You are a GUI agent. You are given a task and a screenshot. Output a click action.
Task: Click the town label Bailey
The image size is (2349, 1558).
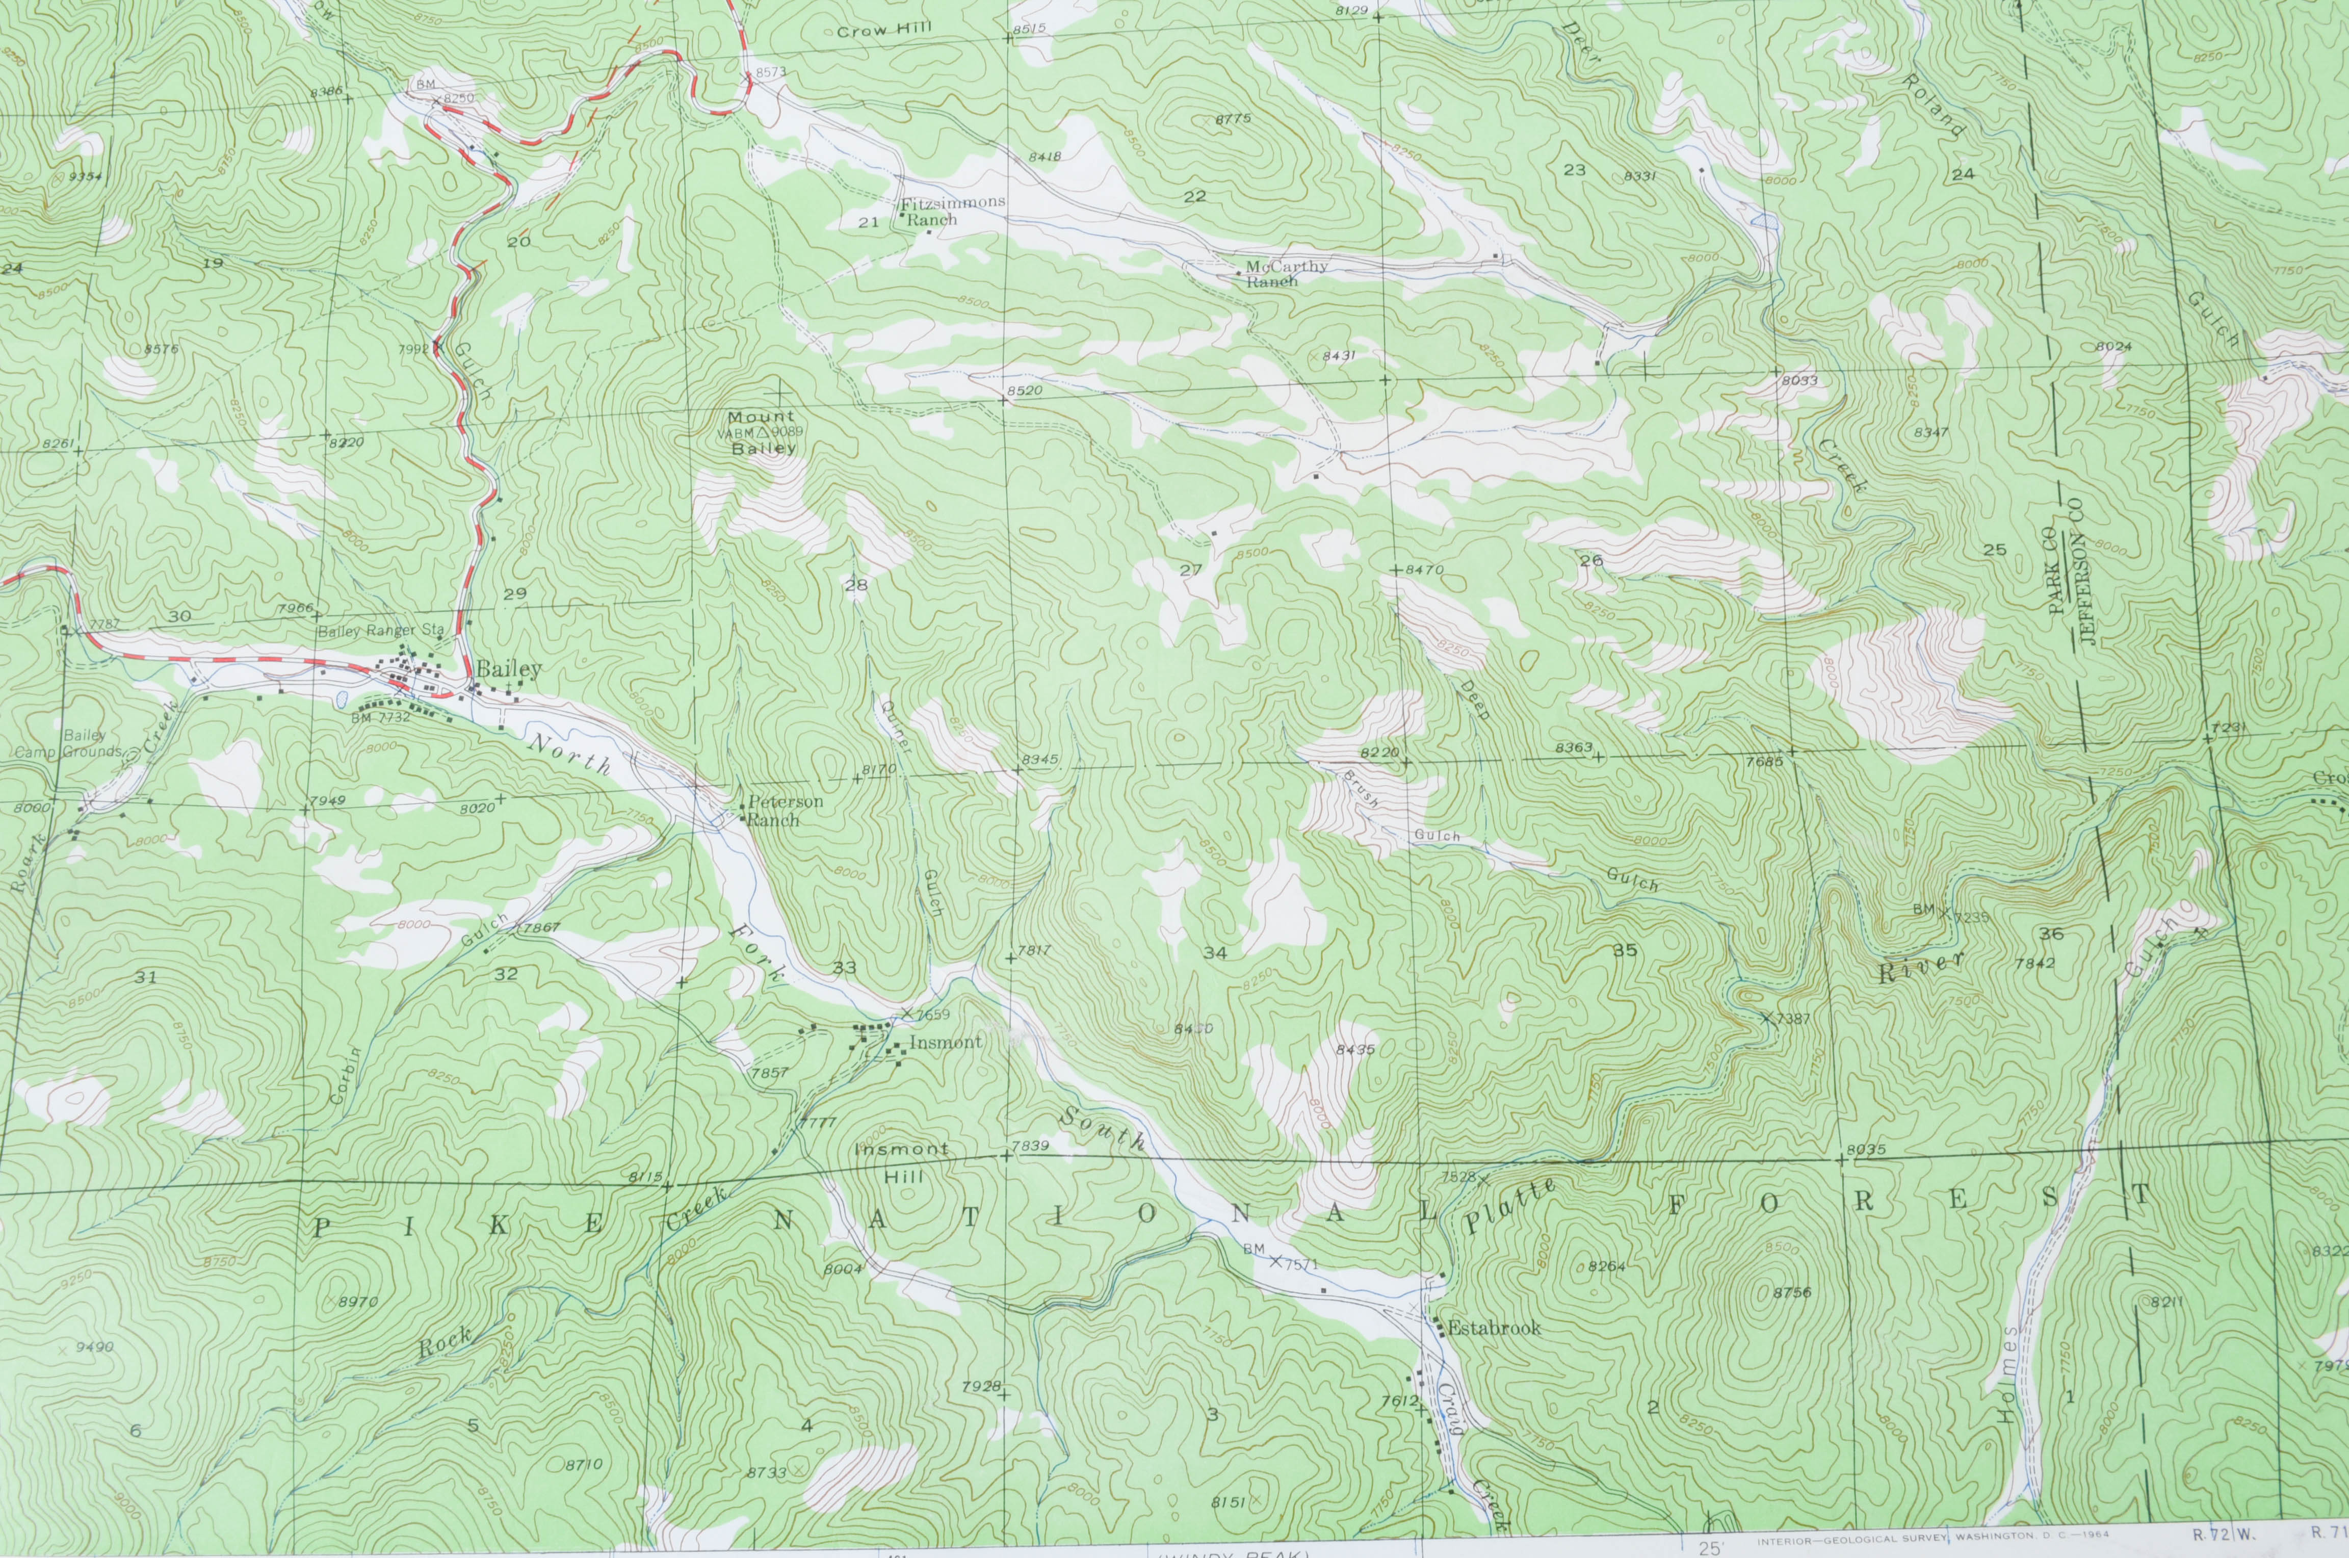[x=509, y=670]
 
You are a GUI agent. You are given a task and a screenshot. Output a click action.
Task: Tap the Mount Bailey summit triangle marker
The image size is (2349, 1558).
[x=763, y=433]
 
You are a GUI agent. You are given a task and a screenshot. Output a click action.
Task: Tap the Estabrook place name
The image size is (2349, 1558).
[x=1493, y=1328]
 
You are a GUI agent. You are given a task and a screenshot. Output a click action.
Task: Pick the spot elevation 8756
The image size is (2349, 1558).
[x=1792, y=1293]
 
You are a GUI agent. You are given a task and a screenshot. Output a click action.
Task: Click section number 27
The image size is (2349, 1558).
[x=1190, y=570]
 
